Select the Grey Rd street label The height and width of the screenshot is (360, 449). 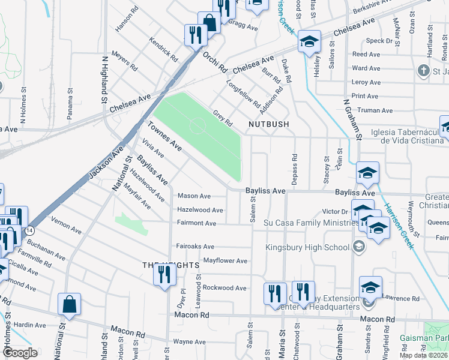(223, 118)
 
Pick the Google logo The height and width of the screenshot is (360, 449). (20, 353)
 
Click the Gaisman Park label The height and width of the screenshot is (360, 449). (435, 337)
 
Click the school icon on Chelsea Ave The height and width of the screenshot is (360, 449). (309, 41)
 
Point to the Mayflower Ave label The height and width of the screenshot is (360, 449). (225, 261)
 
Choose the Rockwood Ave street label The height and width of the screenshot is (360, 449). (224, 288)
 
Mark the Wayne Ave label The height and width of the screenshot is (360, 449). (190, 342)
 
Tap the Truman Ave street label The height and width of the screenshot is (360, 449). (375, 110)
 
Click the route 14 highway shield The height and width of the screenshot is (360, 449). (29, 230)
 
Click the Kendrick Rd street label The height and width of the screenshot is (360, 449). (164, 52)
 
